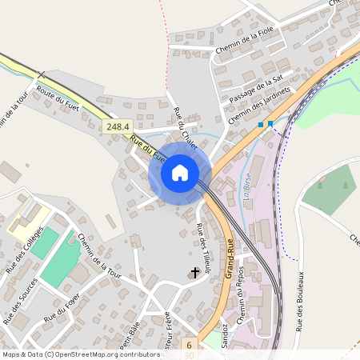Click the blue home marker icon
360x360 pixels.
click(180, 172)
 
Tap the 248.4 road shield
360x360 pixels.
click(117, 126)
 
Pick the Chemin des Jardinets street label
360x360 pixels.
click(258, 106)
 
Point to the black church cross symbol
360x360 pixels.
click(194, 274)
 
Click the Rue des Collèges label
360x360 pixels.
click(22, 255)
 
